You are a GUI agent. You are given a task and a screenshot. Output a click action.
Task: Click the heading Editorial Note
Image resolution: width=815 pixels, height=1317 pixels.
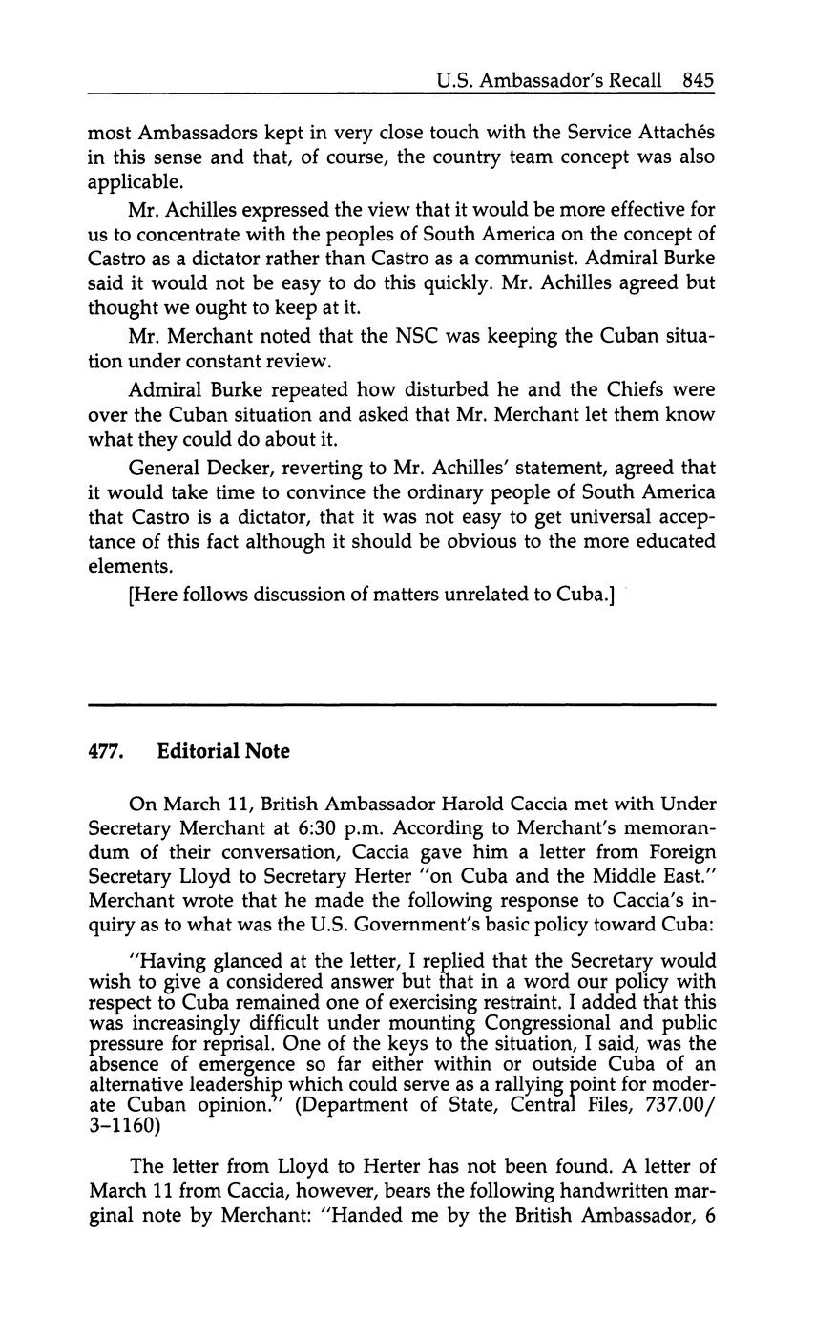[223, 752]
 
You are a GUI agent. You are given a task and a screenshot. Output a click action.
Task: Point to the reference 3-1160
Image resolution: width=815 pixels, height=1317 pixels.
[124, 1126]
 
